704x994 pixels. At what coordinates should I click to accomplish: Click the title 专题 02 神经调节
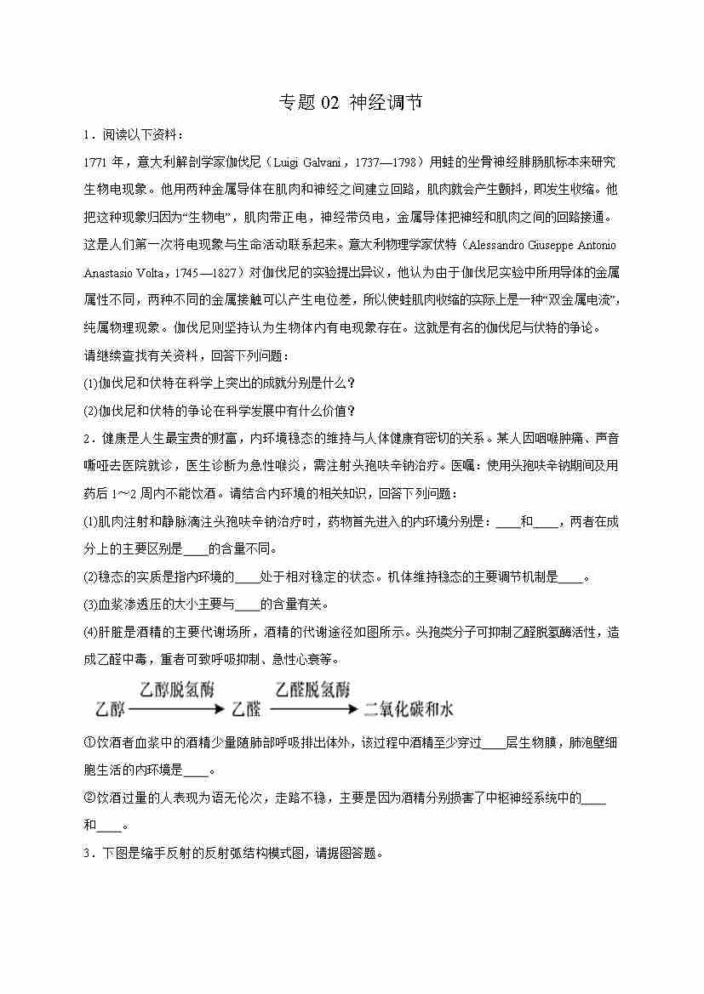[351, 103]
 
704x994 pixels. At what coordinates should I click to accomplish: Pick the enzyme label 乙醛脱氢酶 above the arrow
[312, 690]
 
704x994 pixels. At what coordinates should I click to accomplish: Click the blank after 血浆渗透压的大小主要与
[247, 605]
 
